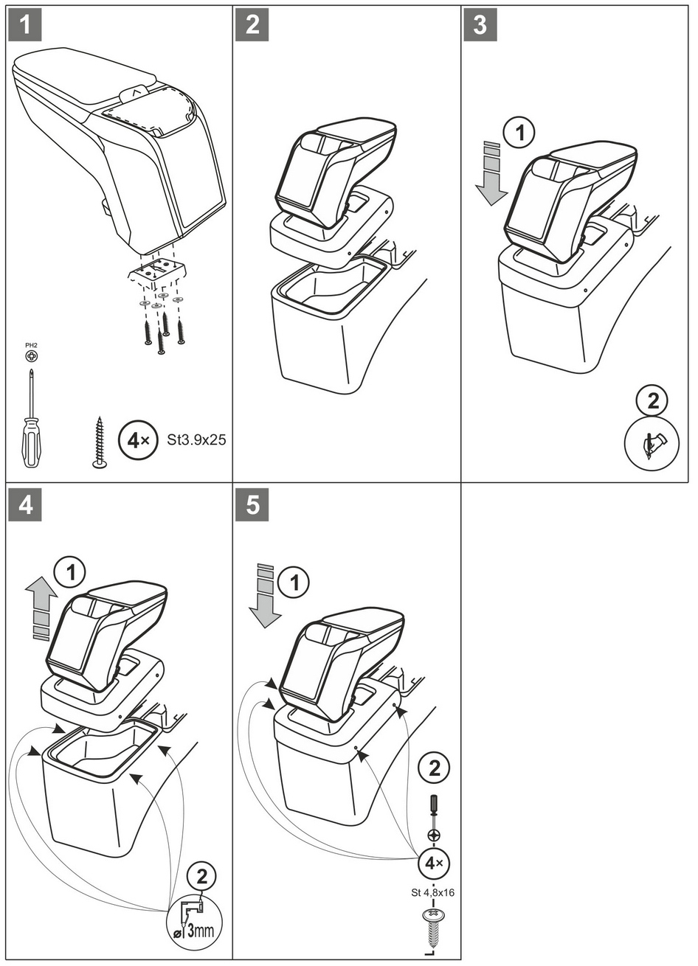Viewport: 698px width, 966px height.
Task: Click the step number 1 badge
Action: [24, 24]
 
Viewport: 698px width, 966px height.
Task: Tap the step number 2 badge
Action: [252, 24]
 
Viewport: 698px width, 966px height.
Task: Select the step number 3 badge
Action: [480, 24]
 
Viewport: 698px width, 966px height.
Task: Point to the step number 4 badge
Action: [24, 506]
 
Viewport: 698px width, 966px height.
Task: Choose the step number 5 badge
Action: [252, 506]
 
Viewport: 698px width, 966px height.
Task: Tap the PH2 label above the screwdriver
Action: [31, 344]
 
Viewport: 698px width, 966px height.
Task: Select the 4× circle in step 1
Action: [138, 440]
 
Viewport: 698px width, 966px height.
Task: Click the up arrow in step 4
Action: [41, 608]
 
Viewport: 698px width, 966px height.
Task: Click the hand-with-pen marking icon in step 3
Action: [652, 443]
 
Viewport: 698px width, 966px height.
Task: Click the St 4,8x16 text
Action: [432, 892]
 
